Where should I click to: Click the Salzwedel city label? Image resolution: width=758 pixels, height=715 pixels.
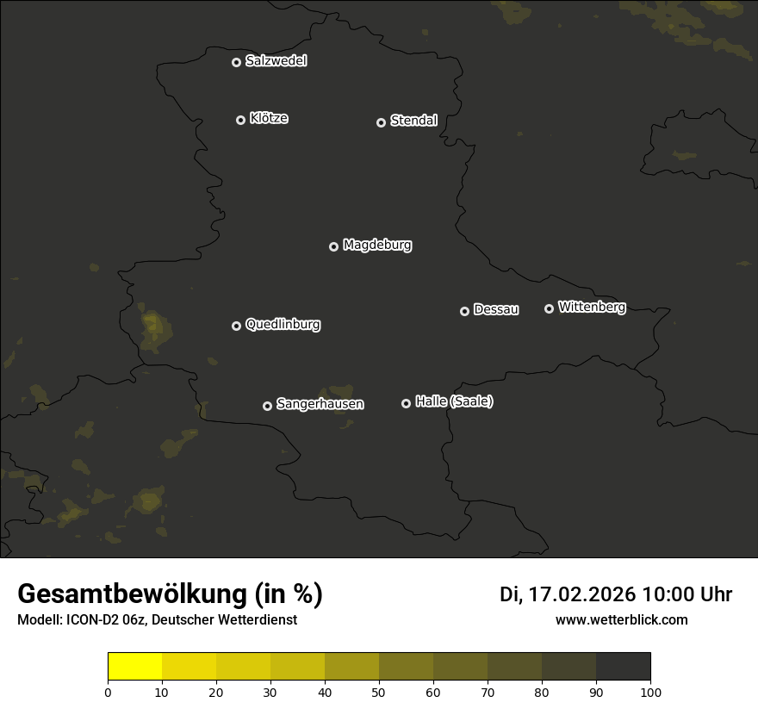point(276,61)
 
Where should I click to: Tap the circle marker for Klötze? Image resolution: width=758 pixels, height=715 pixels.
point(241,120)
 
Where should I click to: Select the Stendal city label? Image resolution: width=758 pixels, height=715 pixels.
point(413,121)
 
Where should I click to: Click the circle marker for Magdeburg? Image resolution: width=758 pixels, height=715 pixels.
point(334,246)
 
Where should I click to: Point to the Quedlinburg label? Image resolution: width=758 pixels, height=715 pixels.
point(283,325)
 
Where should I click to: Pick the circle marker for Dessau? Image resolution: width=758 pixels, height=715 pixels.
point(465,311)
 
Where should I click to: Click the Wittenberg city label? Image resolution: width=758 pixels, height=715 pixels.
point(592,307)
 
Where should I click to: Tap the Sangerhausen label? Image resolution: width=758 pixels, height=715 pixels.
point(320,404)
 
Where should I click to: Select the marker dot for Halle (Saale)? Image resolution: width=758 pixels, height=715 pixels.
point(407,403)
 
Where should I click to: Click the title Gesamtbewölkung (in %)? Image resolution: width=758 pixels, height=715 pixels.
point(170,594)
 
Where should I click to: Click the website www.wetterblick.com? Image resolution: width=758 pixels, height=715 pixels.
point(621,619)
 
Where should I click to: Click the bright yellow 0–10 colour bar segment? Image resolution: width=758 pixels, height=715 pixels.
point(135,667)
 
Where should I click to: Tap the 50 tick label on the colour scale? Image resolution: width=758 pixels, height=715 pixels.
point(379,692)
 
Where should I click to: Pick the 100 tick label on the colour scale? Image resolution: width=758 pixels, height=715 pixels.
point(650,692)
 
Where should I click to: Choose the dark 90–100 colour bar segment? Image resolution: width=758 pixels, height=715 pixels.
point(623,667)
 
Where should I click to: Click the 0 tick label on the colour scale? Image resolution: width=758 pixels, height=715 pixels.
point(108,692)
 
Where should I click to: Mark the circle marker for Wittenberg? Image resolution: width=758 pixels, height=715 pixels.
point(549,308)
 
